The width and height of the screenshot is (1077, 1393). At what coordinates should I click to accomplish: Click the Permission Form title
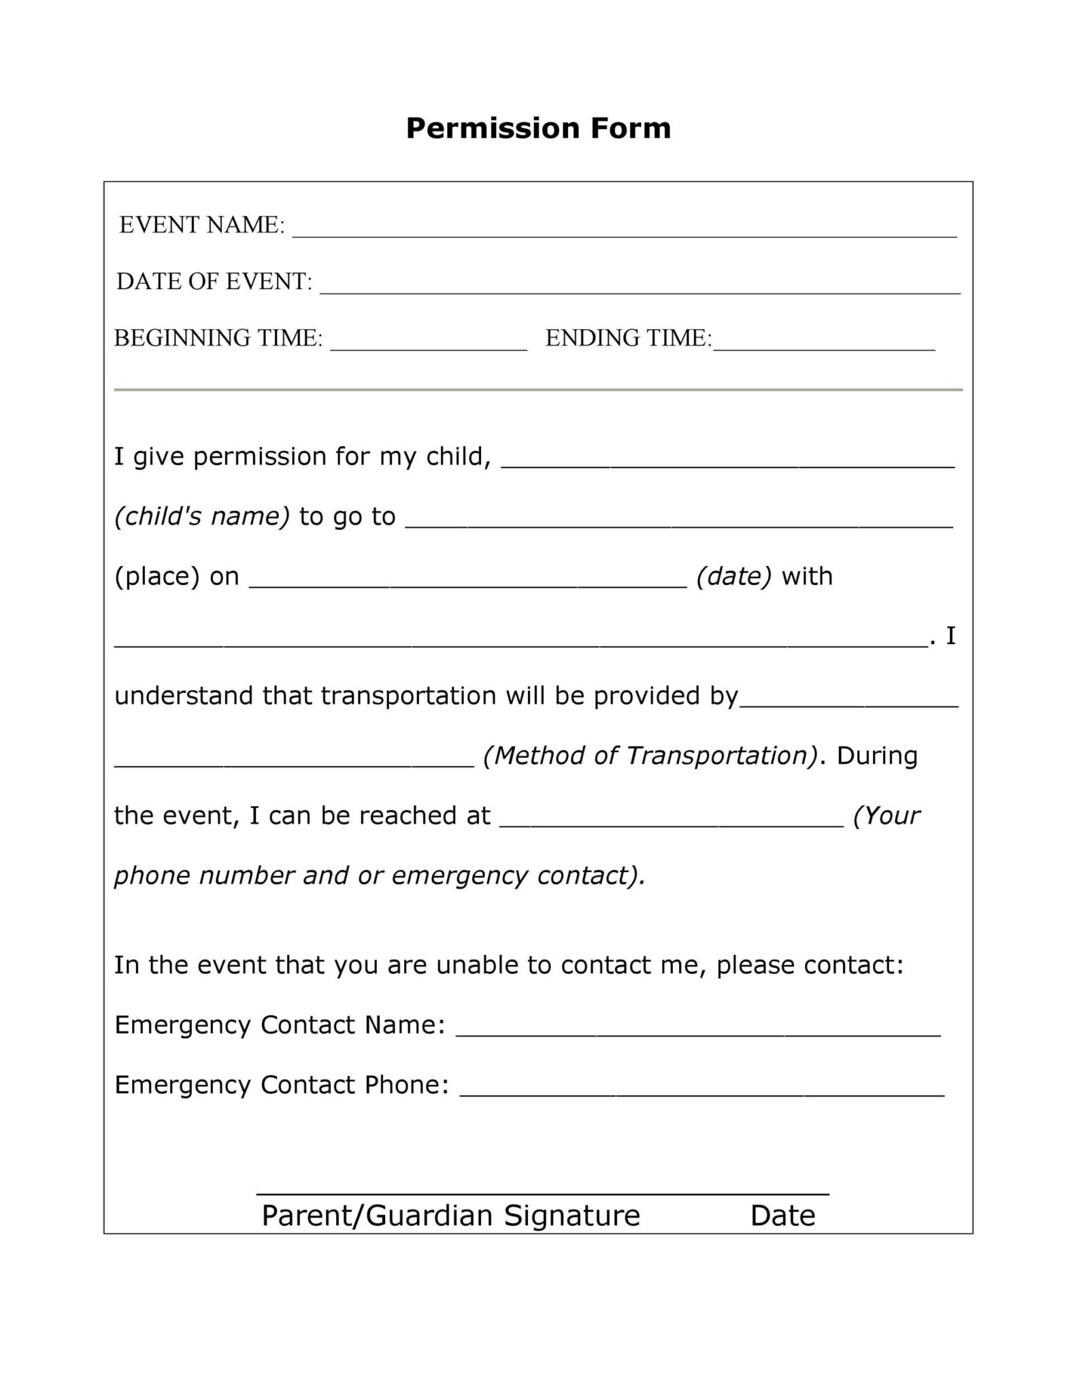tap(538, 128)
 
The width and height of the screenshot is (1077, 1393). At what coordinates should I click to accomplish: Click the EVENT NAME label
tap(202, 225)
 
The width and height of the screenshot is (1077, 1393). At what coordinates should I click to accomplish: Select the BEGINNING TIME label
tap(218, 338)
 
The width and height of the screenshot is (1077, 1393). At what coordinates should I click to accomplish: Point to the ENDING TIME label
tap(627, 338)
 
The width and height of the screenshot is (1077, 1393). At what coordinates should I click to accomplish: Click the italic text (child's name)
tap(202, 516)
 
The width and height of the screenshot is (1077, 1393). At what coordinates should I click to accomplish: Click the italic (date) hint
tap(733, 576)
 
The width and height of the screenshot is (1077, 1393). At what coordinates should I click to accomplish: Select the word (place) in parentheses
tap(156, 576)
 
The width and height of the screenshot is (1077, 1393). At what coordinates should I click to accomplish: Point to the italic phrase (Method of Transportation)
tap(650, 756)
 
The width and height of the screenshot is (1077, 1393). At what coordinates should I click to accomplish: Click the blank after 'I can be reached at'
tap(671, 822)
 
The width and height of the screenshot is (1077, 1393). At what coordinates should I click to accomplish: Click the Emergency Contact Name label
tap(280, 1024)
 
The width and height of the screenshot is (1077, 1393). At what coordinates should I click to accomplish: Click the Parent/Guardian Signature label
tap(450, 1215)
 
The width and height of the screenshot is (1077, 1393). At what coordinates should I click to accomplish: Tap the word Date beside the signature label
tap(782, 1215)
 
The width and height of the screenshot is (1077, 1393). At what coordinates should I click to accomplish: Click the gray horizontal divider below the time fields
tap(538, 390)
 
